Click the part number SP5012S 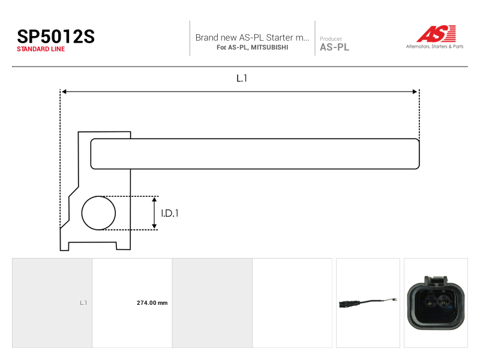point(56,37)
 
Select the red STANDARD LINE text point(41,49)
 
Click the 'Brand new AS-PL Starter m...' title point(252,37)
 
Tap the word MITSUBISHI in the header point(269,47)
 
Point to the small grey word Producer point(331,38)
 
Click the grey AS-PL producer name point(334,47)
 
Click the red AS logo point(436,34)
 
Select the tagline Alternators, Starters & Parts point(434,47)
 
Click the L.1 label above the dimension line point(242,79)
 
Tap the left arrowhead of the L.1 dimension point(64,92)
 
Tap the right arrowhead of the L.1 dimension point(415,92)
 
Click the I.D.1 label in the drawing point(170,213)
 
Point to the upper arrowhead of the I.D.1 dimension point(154,199)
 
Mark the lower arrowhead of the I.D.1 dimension point(154,226)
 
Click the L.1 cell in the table point(83,303)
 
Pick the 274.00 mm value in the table point(152,303)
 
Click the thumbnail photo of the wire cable point(368,303)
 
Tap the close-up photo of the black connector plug point(436,303)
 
